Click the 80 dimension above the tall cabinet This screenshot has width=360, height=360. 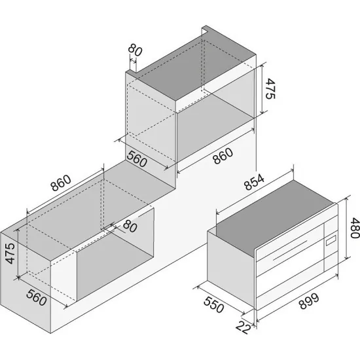(135, 50)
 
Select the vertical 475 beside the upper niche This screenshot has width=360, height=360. (270, 88)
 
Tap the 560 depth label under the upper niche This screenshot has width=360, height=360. (137, 158)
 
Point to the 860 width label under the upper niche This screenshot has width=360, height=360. (223, 156)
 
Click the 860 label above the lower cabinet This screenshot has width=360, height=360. (61, 183)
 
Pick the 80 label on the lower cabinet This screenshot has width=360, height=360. (130, 226)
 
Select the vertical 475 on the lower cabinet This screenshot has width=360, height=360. (10, 253)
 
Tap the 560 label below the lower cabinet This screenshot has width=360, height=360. (37, 298)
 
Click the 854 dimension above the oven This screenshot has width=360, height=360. (254, 182)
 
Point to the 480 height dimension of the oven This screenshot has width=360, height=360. (355, 228)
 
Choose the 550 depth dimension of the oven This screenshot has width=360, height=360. (213, 305)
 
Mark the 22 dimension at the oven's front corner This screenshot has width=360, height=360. (243, 327)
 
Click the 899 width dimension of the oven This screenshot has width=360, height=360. (309, 301)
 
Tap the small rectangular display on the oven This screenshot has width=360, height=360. (331, 241)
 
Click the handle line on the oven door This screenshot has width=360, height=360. (290, 250)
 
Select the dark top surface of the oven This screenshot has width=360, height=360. (271, 216)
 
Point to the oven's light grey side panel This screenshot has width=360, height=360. (231, 268)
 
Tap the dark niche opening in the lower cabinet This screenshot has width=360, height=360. (115, 262)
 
